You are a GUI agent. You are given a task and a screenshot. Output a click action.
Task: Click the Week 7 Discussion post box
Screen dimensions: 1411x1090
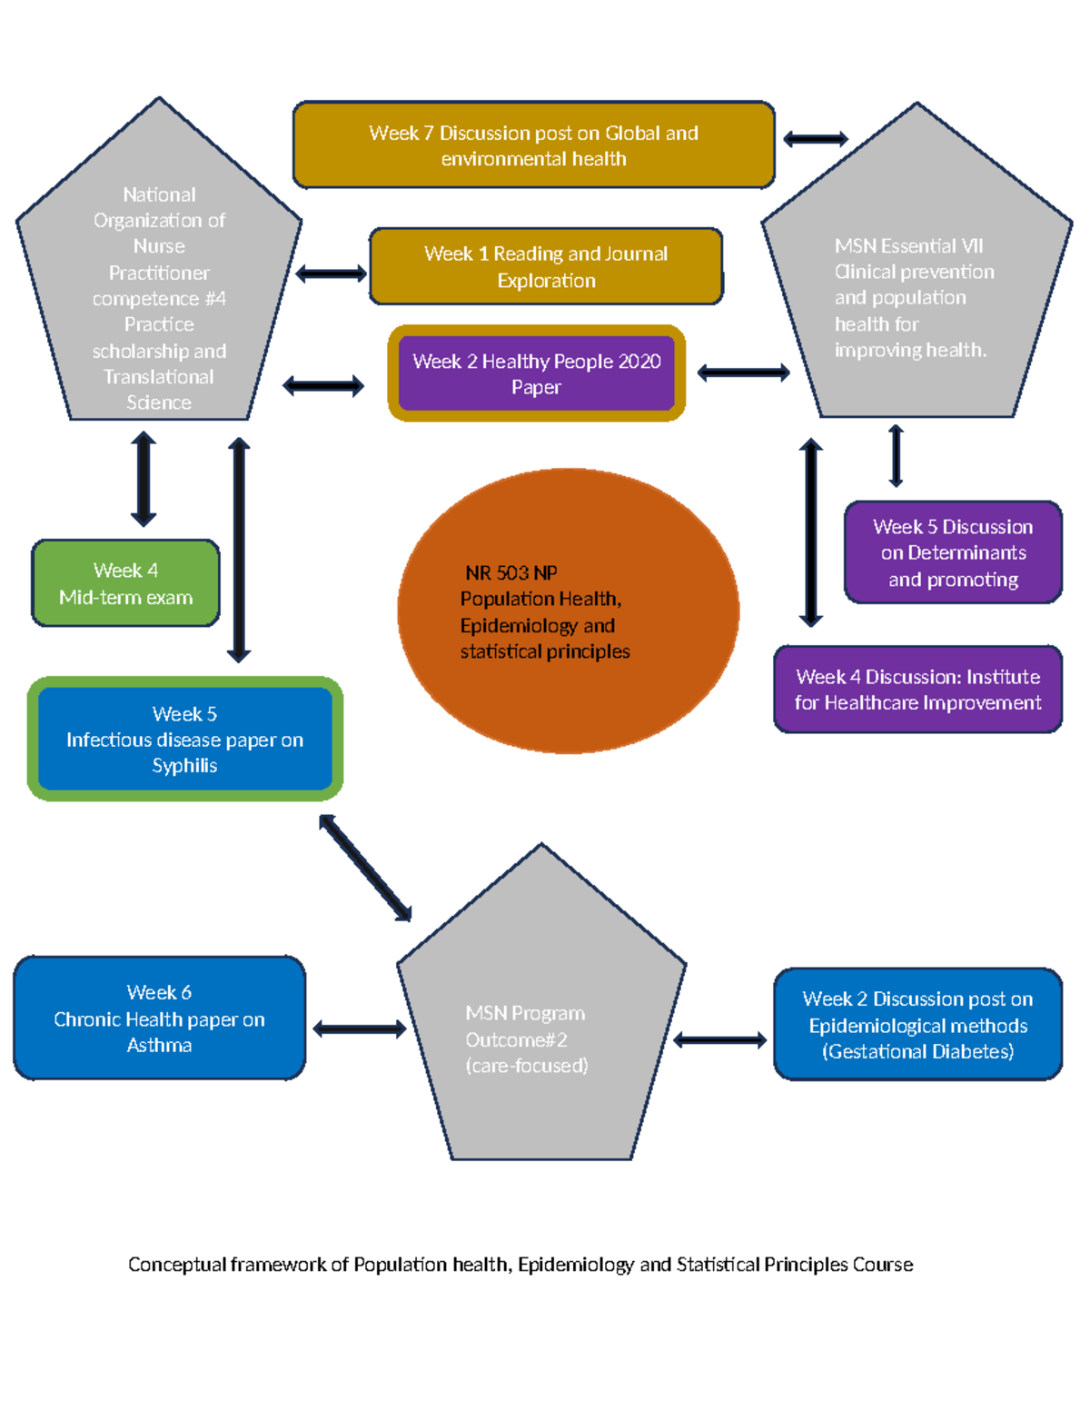(533, 145)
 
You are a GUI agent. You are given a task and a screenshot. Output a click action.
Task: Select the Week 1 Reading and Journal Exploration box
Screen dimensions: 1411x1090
(545, 266)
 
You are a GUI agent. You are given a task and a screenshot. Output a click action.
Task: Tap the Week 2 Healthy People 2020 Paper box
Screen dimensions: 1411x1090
(536, 373)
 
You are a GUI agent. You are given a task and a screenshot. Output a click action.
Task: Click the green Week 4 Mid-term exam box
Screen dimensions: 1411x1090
(125, 583)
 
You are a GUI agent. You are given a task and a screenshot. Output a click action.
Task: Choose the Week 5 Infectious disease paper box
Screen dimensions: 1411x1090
(184, 739)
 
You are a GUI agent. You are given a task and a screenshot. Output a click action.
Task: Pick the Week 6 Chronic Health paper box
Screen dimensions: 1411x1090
(159, 1018)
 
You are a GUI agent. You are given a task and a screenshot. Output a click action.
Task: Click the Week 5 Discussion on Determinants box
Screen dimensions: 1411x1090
(952, 552)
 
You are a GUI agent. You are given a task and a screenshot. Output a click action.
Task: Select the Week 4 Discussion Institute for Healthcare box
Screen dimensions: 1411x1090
(917, 690)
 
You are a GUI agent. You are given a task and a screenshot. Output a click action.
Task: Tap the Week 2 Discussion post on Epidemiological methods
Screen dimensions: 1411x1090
(917, 1024)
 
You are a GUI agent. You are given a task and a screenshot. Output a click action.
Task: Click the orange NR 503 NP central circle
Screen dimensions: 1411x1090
(568, 611)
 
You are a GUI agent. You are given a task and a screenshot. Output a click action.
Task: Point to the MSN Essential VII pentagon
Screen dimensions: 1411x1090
(916, 291)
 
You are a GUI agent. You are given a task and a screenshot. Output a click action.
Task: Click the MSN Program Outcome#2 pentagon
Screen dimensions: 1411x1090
(541, 1027)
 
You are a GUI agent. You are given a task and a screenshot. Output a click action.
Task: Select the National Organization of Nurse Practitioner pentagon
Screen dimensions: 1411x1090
(159, 291)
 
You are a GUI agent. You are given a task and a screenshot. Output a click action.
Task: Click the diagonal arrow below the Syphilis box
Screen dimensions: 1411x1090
(365, 868)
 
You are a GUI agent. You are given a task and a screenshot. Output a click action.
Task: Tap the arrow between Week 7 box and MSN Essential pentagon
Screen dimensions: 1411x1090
(815, 139)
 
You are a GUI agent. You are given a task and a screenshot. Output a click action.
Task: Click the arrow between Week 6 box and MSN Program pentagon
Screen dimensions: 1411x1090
(359, 1028)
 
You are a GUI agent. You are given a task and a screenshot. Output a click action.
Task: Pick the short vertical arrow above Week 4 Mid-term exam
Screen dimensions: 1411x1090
(144, 479)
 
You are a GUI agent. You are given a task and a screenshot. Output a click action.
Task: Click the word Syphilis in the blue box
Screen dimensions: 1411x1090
(184, 765)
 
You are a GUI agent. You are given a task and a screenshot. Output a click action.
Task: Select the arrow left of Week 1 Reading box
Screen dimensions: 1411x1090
(331, 273)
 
